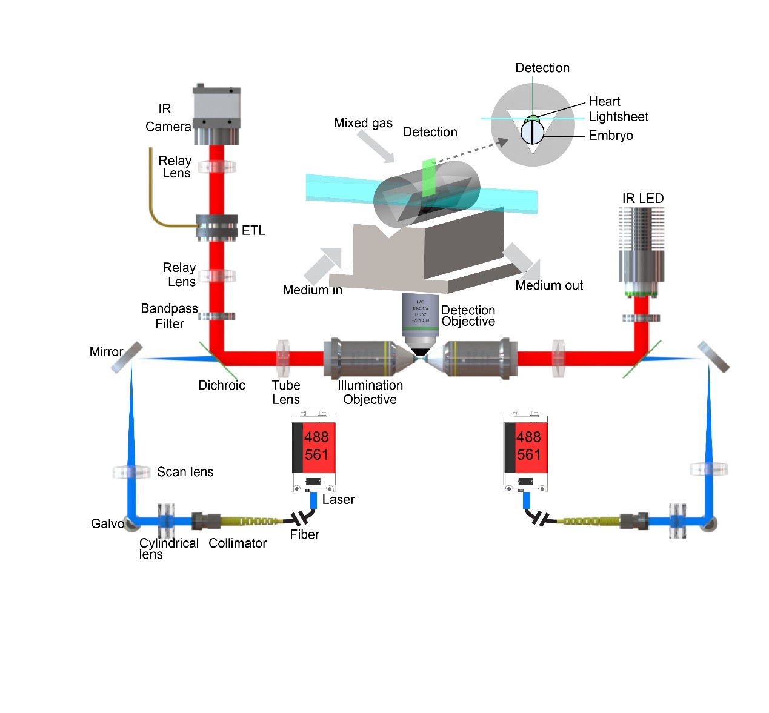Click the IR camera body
tap(216, 114)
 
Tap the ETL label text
tap(253, 230)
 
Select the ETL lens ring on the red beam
tap(216, 228)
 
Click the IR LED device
tap(641, 248)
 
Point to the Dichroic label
tap(221, 385)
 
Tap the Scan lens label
tap(185, 472)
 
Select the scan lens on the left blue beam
tap(131, 471)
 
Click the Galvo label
tap(107, 523)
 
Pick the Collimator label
tap(238, 543)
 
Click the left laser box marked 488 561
tap(313, 451)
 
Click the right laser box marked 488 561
tap(525, 451)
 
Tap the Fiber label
tap(304, 534)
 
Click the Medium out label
tap(549, 285)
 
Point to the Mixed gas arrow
tap(375, 146)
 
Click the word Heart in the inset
tap(604, 101)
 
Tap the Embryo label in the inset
tap(611, 136)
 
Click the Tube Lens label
tap(286, 393)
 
